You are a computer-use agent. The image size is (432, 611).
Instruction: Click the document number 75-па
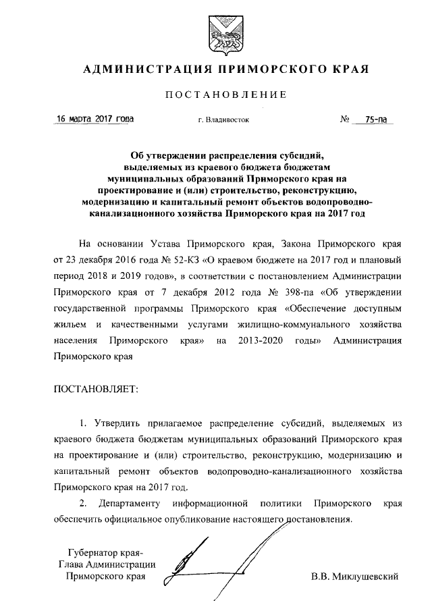pyautogui.click(x=375, y=119)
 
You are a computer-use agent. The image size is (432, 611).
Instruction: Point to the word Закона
pyautogui.click(x=295, y=243)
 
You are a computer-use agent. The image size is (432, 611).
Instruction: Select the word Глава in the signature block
pyautogui.click(x=70, y=565)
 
